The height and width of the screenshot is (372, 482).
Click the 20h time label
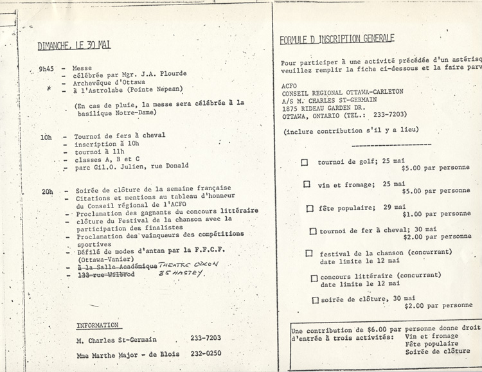click(x=46, y=191)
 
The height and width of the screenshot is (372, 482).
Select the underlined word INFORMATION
click(x=97, y=325)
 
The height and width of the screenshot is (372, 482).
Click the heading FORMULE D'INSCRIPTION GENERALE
click(x=337, y=39)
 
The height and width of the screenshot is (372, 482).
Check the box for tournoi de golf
click(x=305, y=162)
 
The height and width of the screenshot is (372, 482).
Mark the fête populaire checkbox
click(x=310, y=208)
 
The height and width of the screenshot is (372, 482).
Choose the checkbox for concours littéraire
click(x=314, y=278)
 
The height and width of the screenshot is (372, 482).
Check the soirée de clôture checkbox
click(x=315, y=299)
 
